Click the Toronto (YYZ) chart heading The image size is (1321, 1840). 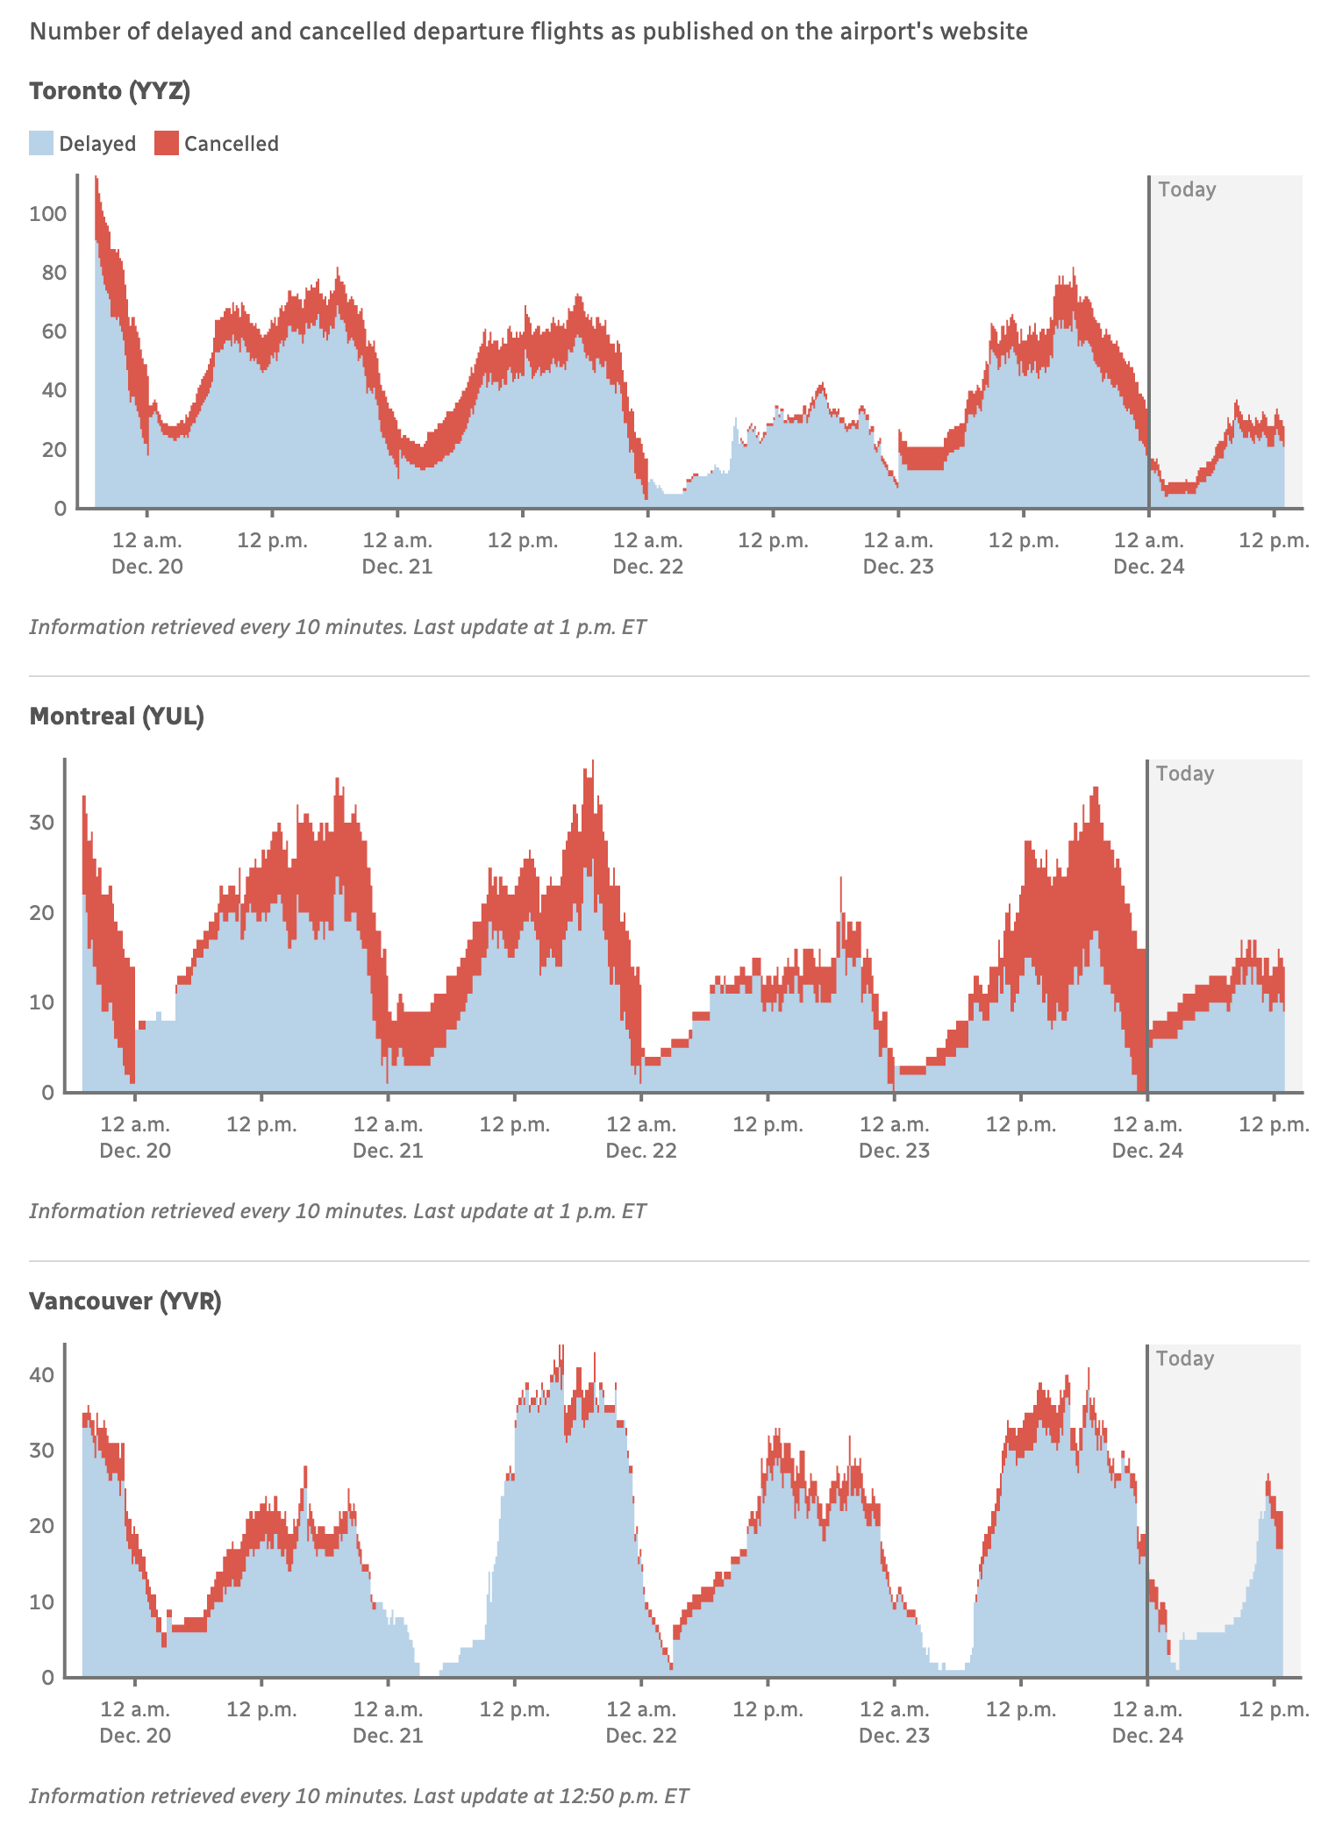(110, 91)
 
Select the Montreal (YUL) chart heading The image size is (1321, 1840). (117, 717)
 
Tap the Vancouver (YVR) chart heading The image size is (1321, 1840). (125, 1301)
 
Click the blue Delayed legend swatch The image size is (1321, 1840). (41, 143)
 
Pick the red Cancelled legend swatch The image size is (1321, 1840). (166, 143)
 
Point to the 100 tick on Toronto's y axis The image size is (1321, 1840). (47, 213)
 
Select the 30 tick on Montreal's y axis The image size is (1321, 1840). (41, 823)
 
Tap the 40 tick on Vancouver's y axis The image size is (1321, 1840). (41, 1374)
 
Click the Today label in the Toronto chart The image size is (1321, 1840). (1187, 189)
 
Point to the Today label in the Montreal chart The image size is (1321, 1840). (1184, 774)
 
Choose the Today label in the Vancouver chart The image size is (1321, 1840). (1184, 1359)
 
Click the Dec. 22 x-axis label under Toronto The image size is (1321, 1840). (647, 567)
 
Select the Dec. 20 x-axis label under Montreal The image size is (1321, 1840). (135, 1151)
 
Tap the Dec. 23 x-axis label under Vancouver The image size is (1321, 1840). (894, 1736)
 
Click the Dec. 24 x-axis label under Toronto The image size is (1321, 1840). (1148, 567)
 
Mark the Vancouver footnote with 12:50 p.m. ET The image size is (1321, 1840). (359, 1795)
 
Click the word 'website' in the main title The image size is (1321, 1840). (982, 32)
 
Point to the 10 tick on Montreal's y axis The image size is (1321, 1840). (41, 1002)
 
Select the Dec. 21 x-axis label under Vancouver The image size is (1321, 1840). (388, 1736)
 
